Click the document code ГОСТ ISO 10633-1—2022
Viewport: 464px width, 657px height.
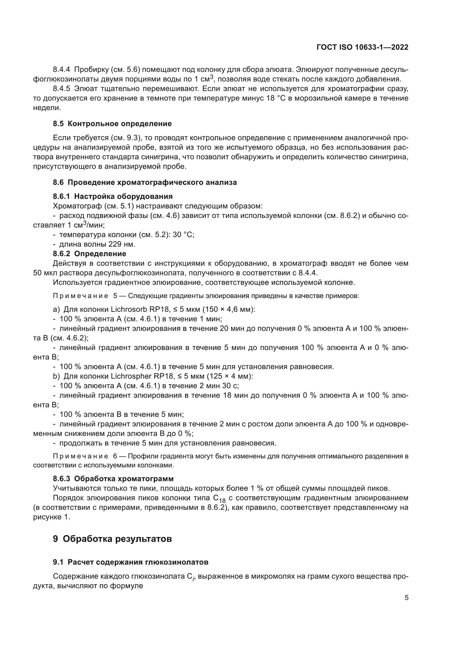coord(362,47)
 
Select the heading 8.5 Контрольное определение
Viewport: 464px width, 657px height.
coord(112,124)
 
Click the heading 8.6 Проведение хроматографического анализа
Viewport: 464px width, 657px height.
coord(145,182)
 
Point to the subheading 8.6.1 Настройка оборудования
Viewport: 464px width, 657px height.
coord(112,196)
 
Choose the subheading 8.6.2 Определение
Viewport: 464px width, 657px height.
coord(89,254)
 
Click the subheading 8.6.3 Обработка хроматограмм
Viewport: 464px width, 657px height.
coord(113,478)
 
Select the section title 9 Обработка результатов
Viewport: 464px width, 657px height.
coord(112,539)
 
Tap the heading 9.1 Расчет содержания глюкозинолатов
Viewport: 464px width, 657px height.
coord(130,562)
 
